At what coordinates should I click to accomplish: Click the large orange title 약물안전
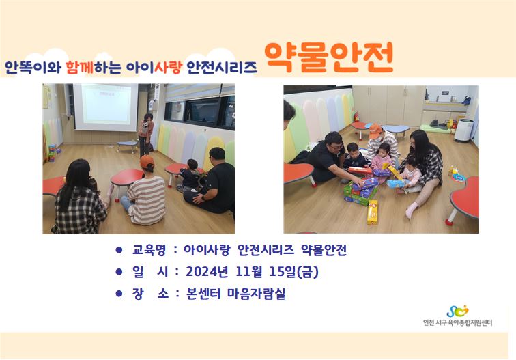click(x=329, y=57)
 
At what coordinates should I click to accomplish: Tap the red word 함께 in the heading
click(x=79, y=67)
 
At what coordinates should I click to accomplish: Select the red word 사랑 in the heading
click(x=168, y=67)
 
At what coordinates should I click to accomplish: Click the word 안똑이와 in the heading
click(x=33, y=67)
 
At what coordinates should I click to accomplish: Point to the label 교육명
click(x=149, y=250)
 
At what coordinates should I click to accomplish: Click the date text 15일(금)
click(x=294, y=272)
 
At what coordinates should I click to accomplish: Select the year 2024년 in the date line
click(x=207, y=272)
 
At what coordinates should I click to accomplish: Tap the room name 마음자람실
click(x=257, y=294)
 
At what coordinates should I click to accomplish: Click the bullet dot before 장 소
click(x=119, y=293)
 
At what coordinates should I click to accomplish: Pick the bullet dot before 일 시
click(x=119, y=271)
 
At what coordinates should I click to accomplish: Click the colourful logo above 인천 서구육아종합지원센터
click(x=457, y=311)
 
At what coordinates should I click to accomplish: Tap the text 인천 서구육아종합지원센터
click(x=457, y=323)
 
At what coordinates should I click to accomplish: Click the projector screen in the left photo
click(x=105, y=107)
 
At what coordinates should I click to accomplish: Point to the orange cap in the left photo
click(x=147, y=162)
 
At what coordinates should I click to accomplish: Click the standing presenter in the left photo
click(x=146, y=135)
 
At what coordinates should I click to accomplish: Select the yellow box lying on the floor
click(x=373, y=212)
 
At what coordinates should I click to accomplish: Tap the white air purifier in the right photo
click(x=463, y=130)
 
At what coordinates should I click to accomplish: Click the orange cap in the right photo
click(x=375, y=130)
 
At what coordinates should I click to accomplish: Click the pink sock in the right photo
click(x=411, y=210)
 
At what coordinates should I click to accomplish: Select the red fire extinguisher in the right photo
click(x=356, y=117)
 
